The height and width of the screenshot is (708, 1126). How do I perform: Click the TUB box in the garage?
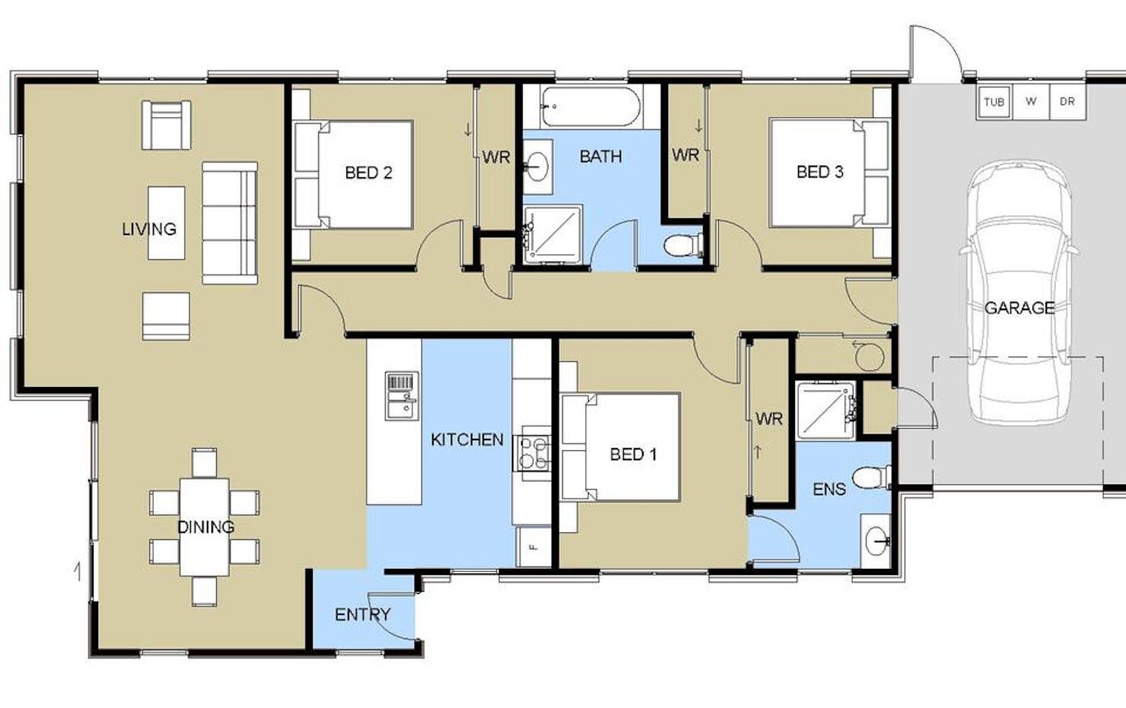click(x=994, y=102)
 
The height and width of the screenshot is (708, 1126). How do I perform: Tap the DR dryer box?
click(x=1067, y=102)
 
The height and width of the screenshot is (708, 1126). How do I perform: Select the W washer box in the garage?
click(x=1030, y=102)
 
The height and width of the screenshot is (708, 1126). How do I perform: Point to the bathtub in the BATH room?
click(x=590, y=106)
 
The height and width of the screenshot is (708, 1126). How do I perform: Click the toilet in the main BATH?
click(x=683, y=246)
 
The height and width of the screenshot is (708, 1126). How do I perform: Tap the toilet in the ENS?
click(x=872, y=477)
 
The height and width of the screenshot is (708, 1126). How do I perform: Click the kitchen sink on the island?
click(x=402, y=396)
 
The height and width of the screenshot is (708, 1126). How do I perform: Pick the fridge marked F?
click(x=534, y=547)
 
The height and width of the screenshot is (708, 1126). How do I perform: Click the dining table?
click(x=204, y=527)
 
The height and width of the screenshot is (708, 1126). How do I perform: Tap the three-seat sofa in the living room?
click(x=230, y=223)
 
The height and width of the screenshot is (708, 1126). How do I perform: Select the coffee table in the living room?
click(x=167, y=223)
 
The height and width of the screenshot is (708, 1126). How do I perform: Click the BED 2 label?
click(x=368, y=173)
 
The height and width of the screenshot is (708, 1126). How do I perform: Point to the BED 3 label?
click(x=820, y=172)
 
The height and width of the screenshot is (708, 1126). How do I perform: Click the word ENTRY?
click(x=362, y=614)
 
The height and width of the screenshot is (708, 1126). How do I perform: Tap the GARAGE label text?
click(x=1019, y=307)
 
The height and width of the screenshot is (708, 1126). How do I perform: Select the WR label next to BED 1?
click(x=769, y=418)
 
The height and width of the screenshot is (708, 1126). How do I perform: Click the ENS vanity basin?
click(x=876, y=541)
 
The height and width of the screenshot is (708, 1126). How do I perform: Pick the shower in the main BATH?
click(x=552, y=234)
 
